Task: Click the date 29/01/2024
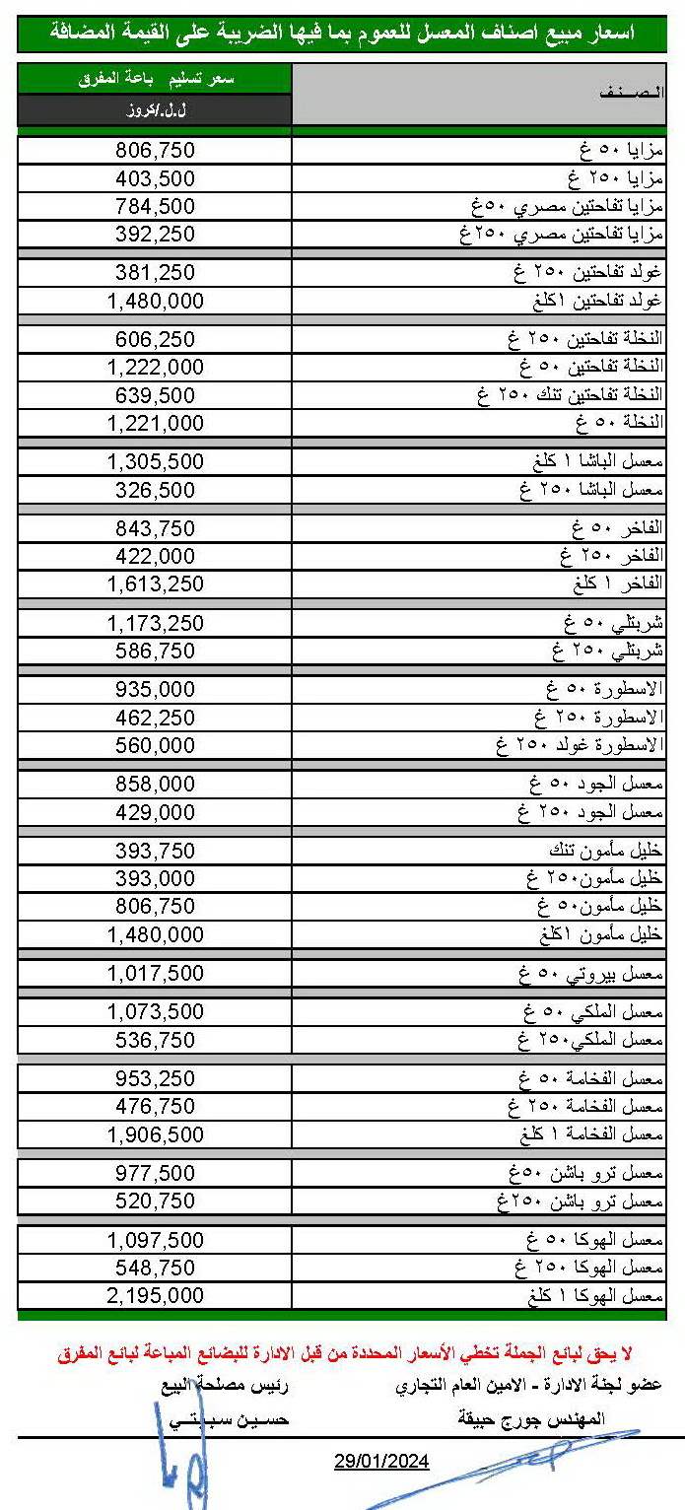[381, 1461]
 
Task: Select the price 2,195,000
[156, 1295]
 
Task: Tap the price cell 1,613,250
[156, 583]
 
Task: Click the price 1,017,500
[156, 973]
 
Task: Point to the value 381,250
[156, 273]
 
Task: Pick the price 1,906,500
[156, 1134]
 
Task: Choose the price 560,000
[156, 745]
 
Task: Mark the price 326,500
[156, 490]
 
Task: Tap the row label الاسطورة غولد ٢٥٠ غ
[581, 745]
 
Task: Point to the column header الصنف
[630, 93]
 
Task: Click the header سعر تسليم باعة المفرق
[155, 79]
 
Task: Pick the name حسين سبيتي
[226, 1420]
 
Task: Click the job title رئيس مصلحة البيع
[226, 1386]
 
